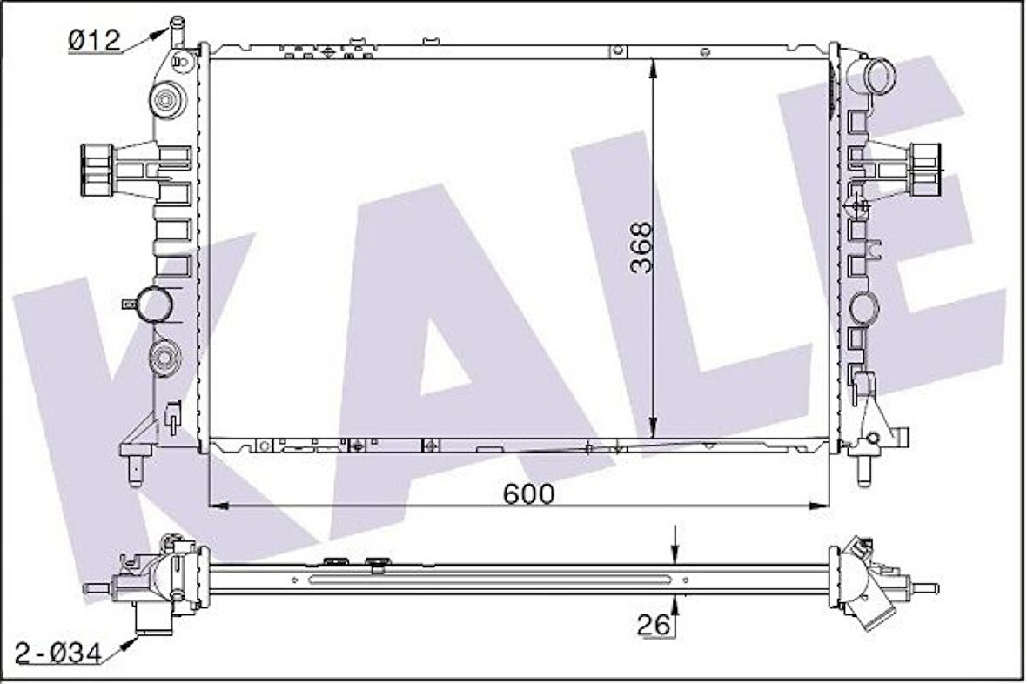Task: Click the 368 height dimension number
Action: coord(641,248)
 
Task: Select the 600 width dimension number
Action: coord(528,493)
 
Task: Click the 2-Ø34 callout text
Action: coord(54,650)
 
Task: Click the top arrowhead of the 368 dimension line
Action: coord(654,64)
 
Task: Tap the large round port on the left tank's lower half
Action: coord(157,304)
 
